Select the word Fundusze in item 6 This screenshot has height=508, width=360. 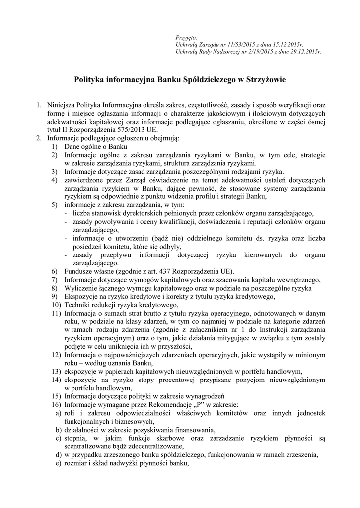coord(78,271)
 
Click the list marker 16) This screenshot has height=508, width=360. coord(56,405)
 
